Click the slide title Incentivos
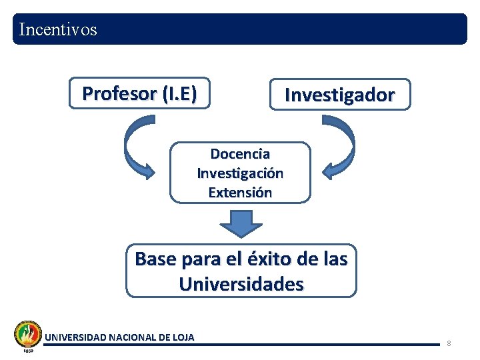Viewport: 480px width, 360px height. pos(59,30)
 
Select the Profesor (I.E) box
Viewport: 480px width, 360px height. pos(139,93)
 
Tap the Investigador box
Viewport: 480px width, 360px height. pos(339,95)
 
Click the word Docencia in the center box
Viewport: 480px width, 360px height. pos(240,154)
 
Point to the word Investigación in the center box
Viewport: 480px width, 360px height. pos(240,173)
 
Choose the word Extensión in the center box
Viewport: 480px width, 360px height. pos(240,193)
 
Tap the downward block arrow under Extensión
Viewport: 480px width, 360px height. pos(241,224)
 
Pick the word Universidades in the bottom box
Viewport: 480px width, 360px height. pos(241,285)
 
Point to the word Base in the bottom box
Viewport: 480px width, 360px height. pos(155,259)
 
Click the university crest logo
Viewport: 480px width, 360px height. pos(28,333)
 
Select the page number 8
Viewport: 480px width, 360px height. pos(449,343)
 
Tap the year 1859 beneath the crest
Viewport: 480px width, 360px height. pos(28,351)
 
